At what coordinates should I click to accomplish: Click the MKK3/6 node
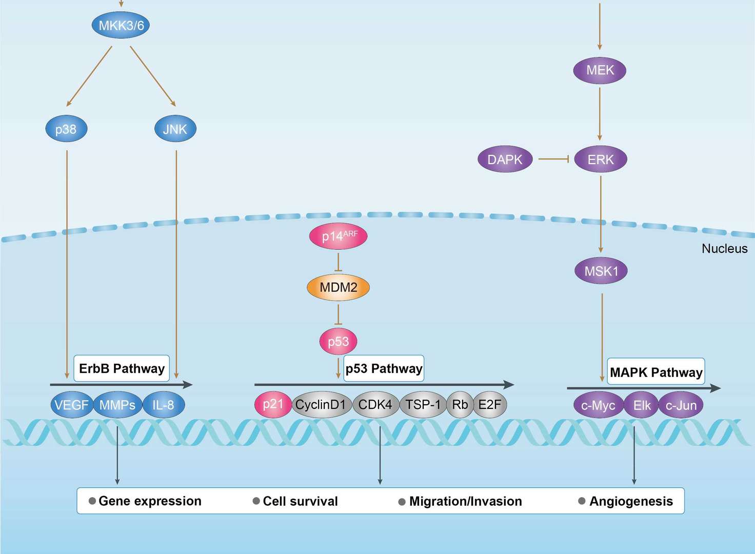click(x=121, y=26)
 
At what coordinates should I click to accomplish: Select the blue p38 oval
click(x=66, y=129)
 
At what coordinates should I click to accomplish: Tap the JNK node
click(x=175, y=129)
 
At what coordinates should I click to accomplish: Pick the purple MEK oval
click(x=600, y=70)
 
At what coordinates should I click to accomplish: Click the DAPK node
click(x=505, y=160)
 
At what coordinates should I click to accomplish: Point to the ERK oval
click(x=600, y=160)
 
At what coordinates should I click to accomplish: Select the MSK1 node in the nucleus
click(x=601, y=271)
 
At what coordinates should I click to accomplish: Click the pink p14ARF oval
click(x=339, y=236)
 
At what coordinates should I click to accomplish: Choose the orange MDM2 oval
click(x=338, y=287)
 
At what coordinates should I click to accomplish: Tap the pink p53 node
click(x=338, y=342)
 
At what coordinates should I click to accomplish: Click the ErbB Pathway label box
click(x=122, y=368)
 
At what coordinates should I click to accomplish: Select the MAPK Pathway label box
click(x=656, y=372)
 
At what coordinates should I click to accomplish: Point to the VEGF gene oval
click(x=71, y=405)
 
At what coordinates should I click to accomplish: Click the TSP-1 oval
click(x=423, y=405)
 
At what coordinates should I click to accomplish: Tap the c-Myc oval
click(x=598, y=406)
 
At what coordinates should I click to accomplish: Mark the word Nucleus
click(x=724, y=249)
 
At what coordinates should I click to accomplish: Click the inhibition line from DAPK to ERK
click(x=553, y=160)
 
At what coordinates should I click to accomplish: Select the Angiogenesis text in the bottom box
click(x=631, y=501)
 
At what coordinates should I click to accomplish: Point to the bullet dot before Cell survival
click(x=256, y=501)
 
